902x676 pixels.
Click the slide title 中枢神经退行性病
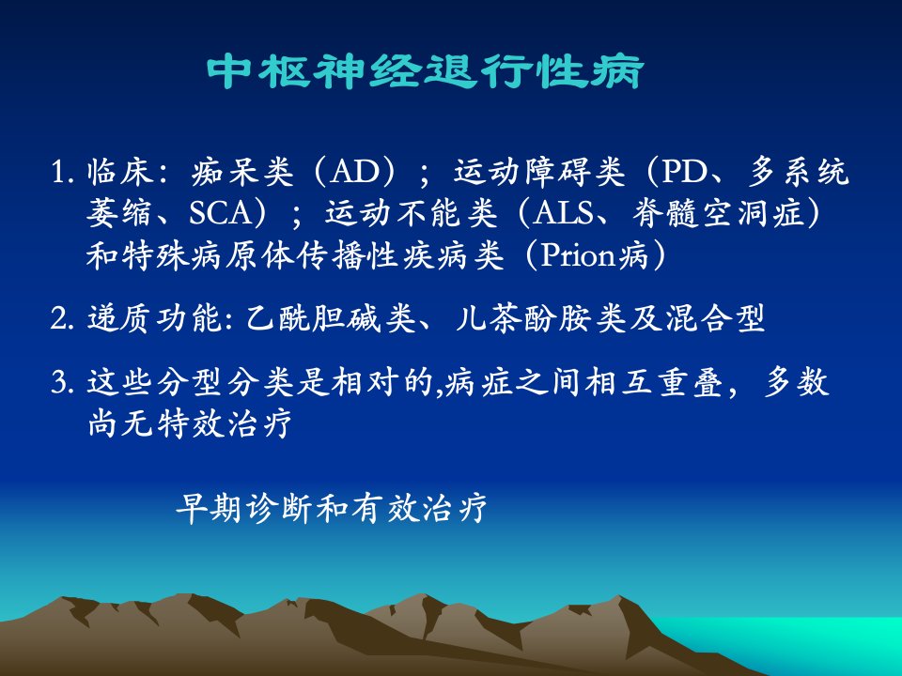click(x=425, y=72)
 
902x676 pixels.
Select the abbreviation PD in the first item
click(x=685, y=171)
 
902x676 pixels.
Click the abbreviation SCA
click(x=220, y=213)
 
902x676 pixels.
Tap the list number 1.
click(x=62, y=172)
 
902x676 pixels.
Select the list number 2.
click(x=62, y=318)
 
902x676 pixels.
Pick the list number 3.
click(x=62, y=382)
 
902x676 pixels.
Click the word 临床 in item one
click(x=120, y=171)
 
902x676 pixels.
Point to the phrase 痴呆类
click(x=242, y=171)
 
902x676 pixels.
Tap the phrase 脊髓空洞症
click(x=718, y=213)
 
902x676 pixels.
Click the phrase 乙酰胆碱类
click(x=331, y=317)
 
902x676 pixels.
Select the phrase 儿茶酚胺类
click(x=540, y=317)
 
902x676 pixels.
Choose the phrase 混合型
click(x=716, y=317)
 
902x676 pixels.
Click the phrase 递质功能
click(x=154, y=317)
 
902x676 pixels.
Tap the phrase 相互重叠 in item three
click(x=655, y=382)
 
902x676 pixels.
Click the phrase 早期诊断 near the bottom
click(x=245, y=508)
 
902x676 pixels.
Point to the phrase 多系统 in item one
click(x=799, y=171)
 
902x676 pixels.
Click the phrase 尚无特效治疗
click(x=189, y=423)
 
